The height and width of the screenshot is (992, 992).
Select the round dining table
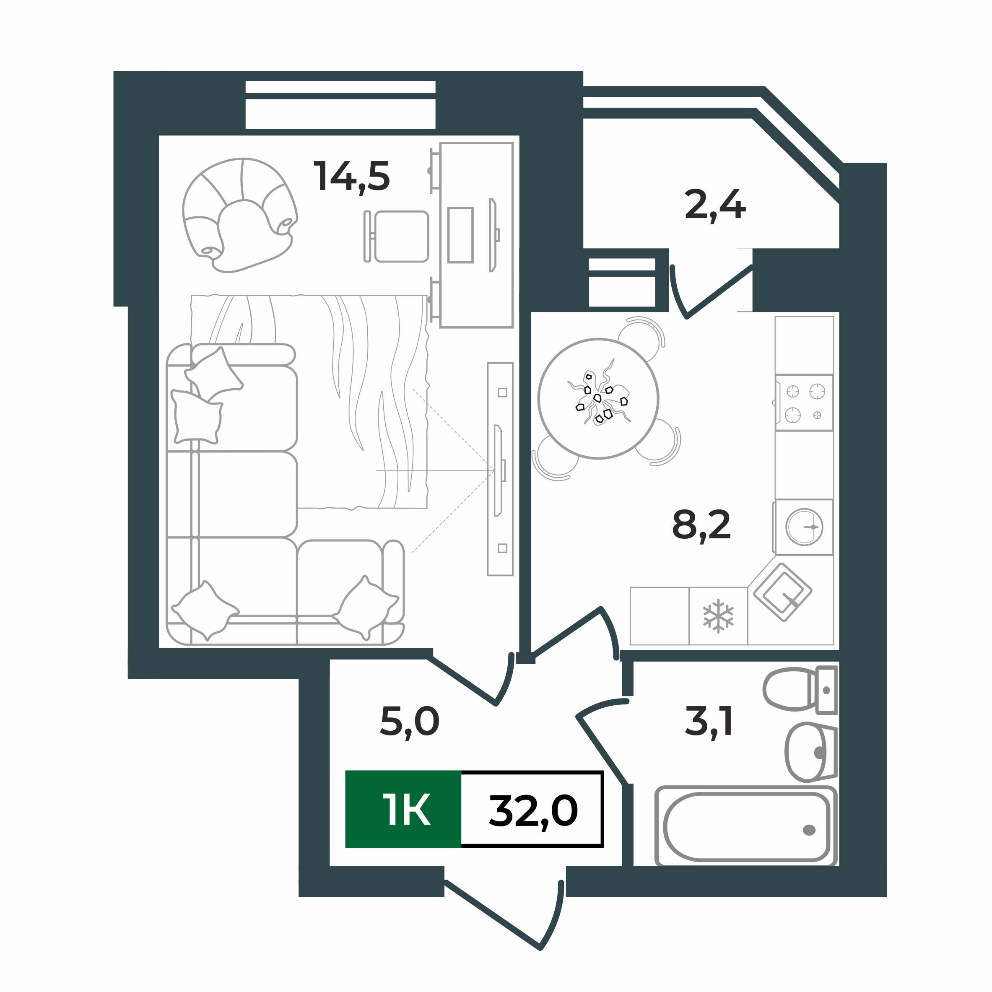click(598, 398)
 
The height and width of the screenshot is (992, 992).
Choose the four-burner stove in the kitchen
click(805, 403)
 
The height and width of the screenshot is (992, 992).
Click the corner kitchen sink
click(782, 592)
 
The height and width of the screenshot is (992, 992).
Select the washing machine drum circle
click(804, 527)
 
